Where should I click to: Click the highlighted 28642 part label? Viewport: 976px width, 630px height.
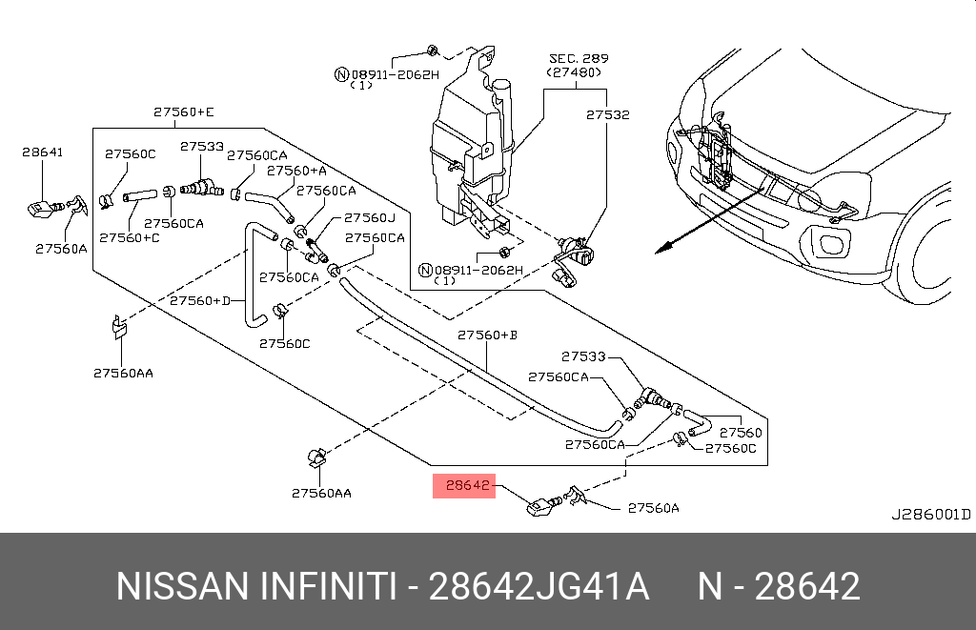point(464,486)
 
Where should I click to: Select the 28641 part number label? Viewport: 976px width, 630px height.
point(42,152)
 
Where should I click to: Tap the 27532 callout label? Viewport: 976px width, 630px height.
point(607,114)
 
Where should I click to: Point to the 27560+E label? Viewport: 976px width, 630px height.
point(183,112)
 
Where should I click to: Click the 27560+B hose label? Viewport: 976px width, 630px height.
point(487,335)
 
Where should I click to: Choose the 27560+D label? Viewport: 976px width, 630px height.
point(200,301)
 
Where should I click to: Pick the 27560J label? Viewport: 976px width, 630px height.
point(369,217)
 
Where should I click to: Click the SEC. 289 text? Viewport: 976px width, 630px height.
point(579,58)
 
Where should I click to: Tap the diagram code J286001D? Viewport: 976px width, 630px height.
point(930,515)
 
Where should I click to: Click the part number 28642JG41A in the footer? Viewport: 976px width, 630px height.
point(539,586)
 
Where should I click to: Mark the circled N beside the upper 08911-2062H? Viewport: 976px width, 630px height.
point(340,74)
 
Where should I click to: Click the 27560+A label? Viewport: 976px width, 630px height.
point(295,171)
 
